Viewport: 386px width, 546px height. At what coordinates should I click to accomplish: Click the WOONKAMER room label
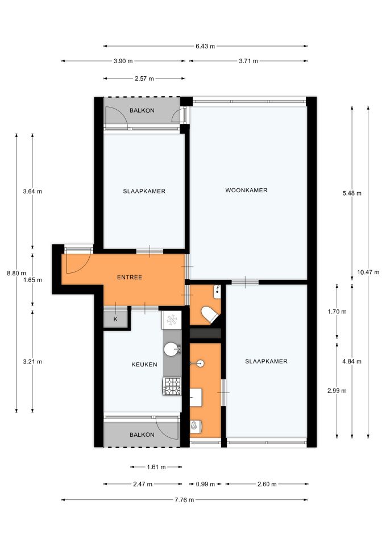[246, 190]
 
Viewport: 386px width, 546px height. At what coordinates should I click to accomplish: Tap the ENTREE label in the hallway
[130, 277]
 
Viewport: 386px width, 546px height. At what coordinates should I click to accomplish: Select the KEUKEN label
[144, 365]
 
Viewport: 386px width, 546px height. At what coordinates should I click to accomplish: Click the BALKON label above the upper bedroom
[142, 110]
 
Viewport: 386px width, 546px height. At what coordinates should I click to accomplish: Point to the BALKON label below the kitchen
[142, 435]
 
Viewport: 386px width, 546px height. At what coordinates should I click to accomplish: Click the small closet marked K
[116, 319]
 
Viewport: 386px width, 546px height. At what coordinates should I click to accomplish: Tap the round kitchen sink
[171, 349]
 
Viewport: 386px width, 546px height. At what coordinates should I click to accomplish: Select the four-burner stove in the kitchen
[172, 386]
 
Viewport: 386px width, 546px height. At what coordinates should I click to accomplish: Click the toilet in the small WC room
[210, 315]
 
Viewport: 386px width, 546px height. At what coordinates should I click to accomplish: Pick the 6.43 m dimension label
[205, 46]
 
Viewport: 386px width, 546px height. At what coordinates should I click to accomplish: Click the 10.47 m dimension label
[368, 272]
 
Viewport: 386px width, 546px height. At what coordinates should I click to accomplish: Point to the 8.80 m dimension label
[16, 274]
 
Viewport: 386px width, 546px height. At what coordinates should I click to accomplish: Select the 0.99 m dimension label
[205, 484]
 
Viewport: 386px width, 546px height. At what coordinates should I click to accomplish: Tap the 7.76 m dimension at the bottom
[184, 500]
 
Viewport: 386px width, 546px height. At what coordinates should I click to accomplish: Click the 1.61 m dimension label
[156, 467]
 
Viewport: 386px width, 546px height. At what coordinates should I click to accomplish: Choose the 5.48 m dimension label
[352, 193]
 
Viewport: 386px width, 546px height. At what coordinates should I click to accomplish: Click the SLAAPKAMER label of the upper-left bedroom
[144, 191]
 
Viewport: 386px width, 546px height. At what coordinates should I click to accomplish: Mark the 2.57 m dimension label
[144, 78]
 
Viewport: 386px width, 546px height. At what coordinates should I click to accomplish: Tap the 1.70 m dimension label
[337, 312]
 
